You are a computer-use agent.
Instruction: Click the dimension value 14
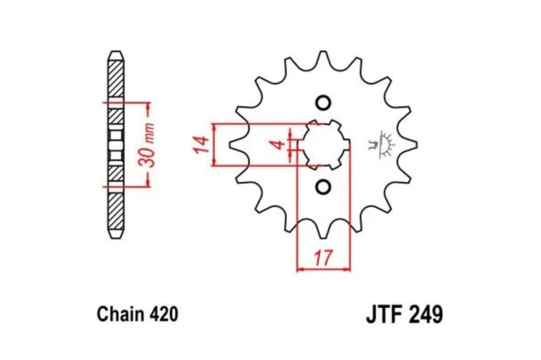pyautogui.click(x=202, y=144)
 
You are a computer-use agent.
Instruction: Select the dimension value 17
pyautogui.click(x=323, y=258)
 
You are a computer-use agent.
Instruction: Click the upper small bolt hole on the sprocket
pyautogui.click(x=322, y=103)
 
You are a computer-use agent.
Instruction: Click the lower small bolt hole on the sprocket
pyautogui.click(x=322, y=185)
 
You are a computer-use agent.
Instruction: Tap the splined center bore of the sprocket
pyautogui.click(x=323, y=144)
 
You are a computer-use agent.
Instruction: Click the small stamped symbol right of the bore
pyautogui.click(x=381, y=143)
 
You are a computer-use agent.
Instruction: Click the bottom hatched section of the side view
pyautogui.click(x=114, y=212)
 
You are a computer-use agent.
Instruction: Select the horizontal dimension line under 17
pyautogui.click(x=323, y=269)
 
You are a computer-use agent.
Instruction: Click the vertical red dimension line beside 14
pyautogui.click(x=216, y=144)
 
